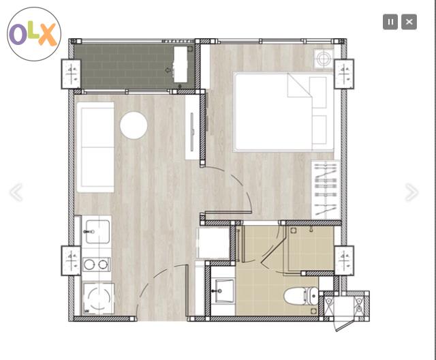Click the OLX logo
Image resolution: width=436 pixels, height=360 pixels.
pyautogui.click(x=34, y=34)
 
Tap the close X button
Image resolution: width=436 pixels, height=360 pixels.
pyautogui.click(x=409, y=22)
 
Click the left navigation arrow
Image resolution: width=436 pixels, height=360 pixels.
pyautogui.click(x=16, y=192)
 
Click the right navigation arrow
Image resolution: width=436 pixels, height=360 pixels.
pyautogui.click(x=411, y=192)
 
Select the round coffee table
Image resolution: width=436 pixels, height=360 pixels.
pyautogui.click(x=134, y=125)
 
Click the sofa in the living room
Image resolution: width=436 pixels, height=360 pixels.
pyautogui.click(x=95, y=147)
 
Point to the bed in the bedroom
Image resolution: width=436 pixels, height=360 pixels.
pyautogui.click(x=283, y=112)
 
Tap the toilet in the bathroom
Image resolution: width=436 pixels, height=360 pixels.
pyautogui.click(x=301, y=296)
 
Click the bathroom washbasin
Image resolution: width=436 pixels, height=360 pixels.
pyautogui.click(x=223, y=291)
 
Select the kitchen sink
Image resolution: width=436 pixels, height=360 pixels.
pyautogui.click(x=97, y=232)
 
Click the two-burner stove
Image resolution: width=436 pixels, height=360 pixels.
pyautogui.click(x=96, y=265)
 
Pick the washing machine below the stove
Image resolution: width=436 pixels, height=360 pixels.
pyautogui.click(x=98, y=299)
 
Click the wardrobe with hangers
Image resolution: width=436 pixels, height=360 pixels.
pyautogui.click(x=326, y=190)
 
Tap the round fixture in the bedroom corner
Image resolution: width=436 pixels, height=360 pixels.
pyautogui.click(x=324, y=59)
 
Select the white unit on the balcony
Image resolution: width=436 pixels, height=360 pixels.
pyautogui.click(x=180, y=65)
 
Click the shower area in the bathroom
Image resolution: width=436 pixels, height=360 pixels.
pyautogui.click(x=311, y=247)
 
